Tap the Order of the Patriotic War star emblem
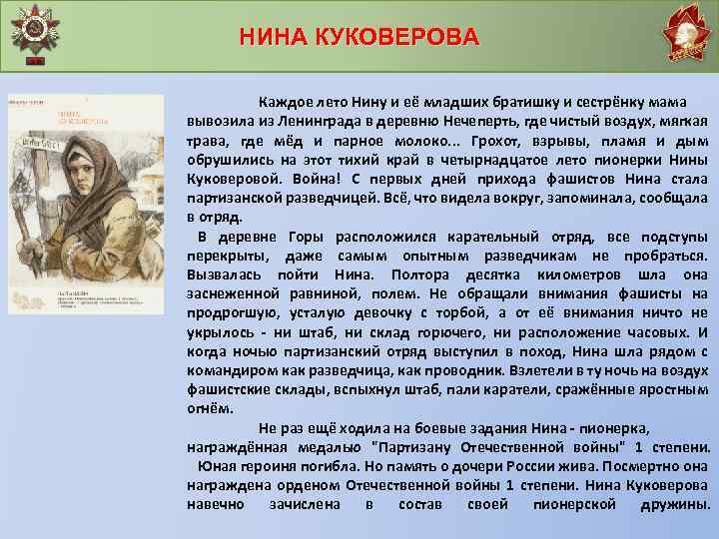(x=38, y=31)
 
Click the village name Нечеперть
(x=449, y=122)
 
